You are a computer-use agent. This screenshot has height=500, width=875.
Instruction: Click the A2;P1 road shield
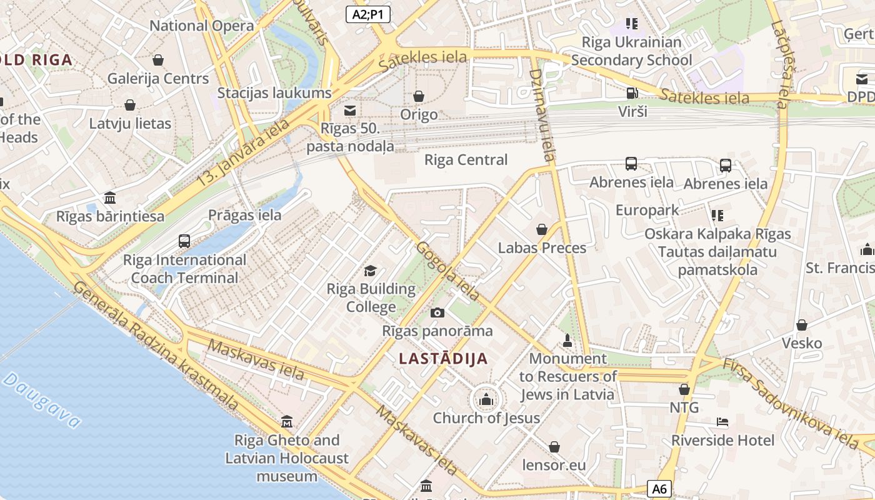pyautogui.click(x=368, y=14)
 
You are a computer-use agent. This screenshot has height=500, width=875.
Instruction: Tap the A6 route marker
pyautogui.click(x=659, y=489)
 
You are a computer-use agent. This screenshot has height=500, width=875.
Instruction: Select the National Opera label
pyautogui.click(x=201, y=26)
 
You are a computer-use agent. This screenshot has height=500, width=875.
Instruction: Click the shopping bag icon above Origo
pyautogui.click(x=419, y=96)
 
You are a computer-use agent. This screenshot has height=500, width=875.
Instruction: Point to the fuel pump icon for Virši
pyautogui.click(x=632, y=93)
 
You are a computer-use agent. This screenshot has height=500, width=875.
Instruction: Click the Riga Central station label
pyautogui.click(x=466, y=159)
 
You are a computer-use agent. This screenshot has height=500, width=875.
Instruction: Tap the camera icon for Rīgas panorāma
pyautogui.click(x=437, y=312)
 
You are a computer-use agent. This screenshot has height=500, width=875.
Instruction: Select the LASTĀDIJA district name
pyautogui.click(x=443, y=359)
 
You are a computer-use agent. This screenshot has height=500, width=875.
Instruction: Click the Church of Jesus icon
pyautogui.click(x=486, y=399)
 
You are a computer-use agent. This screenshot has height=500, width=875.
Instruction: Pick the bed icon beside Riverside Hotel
pyautogui.click(x=722, y=422)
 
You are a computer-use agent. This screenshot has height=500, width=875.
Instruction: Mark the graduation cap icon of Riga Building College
pyautogui.click(x=371, y=271)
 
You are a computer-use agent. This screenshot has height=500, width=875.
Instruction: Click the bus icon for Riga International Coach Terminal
pyautogui.click(x=184, y=241)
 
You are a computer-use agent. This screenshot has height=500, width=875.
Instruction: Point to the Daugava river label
pyautogui.click(x=42, y=400)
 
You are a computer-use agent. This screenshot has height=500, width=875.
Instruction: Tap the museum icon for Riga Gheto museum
pyautogui.click(x=287, y=422)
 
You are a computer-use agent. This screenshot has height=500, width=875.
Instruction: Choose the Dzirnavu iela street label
pyautogui.click(x=541, y=115)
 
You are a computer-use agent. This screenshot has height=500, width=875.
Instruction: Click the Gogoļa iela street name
pyautogui.click(x=448, y=270)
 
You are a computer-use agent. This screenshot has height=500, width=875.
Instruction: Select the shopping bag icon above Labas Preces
pyautogui.click(x=542, y=229)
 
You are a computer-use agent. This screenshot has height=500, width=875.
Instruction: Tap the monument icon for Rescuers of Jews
pyautogui.click(x=567, y=341)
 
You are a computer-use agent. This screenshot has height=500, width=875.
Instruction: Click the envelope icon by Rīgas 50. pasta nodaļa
pyautogui.click(x=350, y=111)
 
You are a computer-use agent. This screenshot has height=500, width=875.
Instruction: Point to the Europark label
pyautogui.click(x=647, y=210)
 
